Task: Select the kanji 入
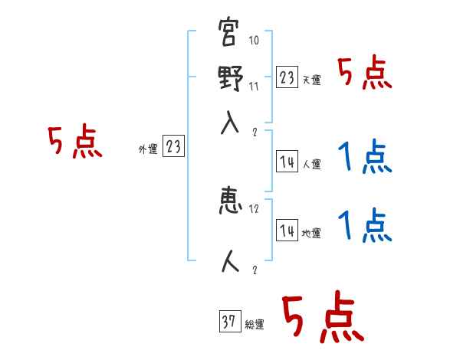pos(229,123)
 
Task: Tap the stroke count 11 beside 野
pos(254,87)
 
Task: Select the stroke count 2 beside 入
pos(254,131)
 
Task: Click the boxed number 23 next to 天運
pos(287,77)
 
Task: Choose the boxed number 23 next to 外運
pos(173,147)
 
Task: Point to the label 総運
pos(254,325)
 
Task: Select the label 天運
pos(311,80)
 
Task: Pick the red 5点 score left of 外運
pos(74,142)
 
